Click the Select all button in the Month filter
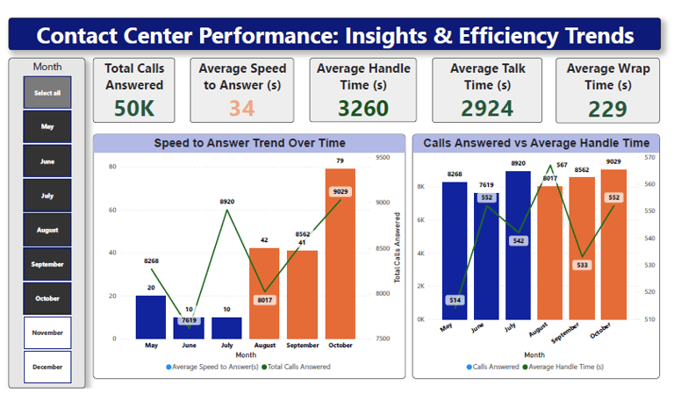click(47, 92)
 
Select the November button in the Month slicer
click(47, 332)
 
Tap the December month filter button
click(47, 367)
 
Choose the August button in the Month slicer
click(47, 230)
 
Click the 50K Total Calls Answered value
click(134, 109)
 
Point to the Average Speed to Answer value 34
click(242, 109)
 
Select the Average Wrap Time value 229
click(596, 109)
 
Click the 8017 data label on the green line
click(264, 300)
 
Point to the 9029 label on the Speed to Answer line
click(341, 192)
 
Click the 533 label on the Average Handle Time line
click(581, 264)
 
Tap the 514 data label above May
click(455, 300)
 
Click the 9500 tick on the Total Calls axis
click(382, 158)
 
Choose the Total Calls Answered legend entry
click(299, 366)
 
